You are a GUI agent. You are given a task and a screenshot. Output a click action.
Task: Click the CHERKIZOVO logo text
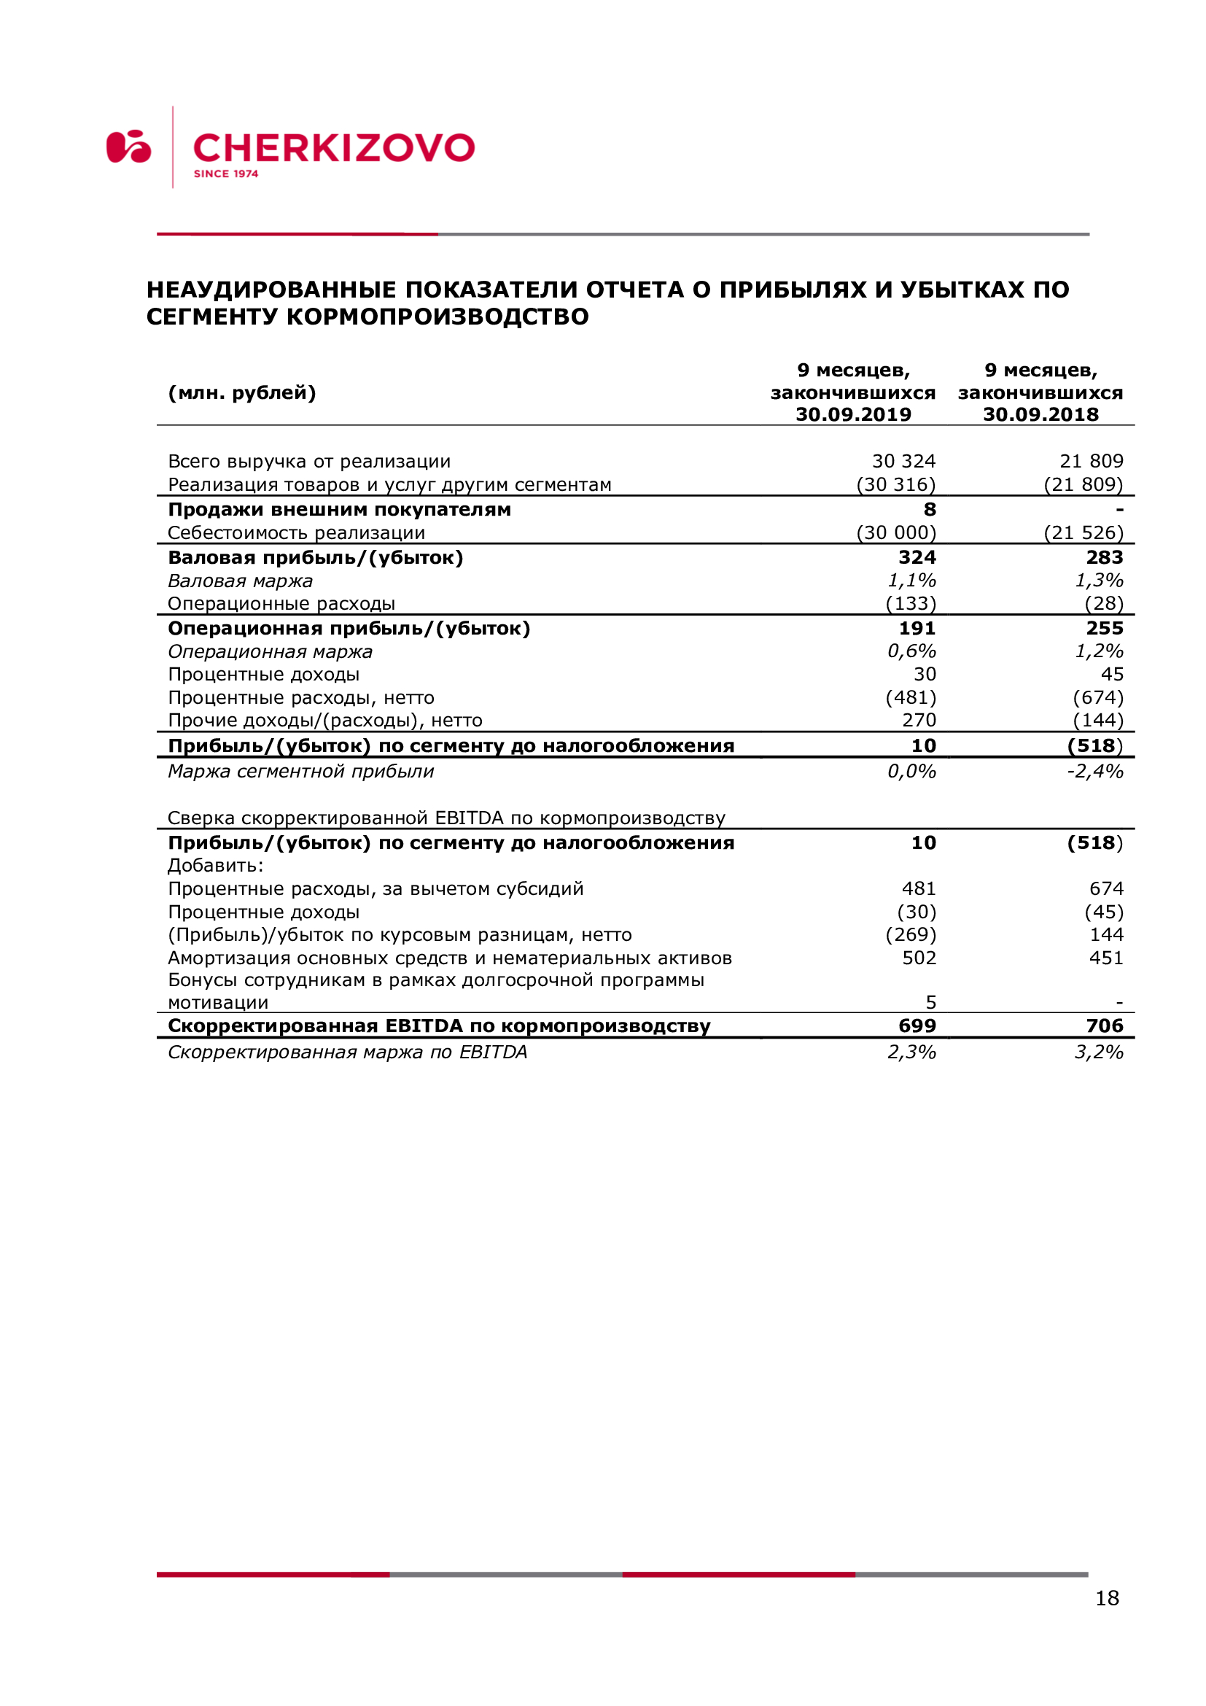pos(333,148)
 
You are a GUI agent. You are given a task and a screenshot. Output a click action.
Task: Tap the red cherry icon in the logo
pos(128,147)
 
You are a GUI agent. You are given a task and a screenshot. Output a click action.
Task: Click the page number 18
pos(1107,1598)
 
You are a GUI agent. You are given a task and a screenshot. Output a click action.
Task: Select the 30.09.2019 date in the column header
pos(853,414)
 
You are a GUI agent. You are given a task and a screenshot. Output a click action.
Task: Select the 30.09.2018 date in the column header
pos(1040,414)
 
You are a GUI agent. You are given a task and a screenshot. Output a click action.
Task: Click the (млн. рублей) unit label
pos(242,392)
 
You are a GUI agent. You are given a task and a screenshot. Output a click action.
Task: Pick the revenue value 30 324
pos(903,462)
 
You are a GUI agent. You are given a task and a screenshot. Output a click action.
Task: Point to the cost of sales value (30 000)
pos(896,532)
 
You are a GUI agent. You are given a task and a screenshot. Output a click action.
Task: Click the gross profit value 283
pos(1104,557)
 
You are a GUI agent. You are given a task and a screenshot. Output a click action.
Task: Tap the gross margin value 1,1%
pos(911,581)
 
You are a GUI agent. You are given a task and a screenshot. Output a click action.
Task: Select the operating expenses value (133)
pos(911,603)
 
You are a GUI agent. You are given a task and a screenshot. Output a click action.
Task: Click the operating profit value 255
pos(1104,628)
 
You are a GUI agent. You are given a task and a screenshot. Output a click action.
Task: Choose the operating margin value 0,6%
pos(911,651)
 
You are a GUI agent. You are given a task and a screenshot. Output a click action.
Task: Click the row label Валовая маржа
pos(240,581)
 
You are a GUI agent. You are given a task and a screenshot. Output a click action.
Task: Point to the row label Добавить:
pos(215,866)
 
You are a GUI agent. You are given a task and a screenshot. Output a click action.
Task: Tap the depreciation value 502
pos(919,958)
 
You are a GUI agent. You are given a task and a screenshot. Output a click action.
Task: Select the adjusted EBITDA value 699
pos(917,1026)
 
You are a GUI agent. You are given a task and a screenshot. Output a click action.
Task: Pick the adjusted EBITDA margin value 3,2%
pos(1098,1052)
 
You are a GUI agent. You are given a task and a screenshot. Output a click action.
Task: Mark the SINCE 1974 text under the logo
pos(226,174)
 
